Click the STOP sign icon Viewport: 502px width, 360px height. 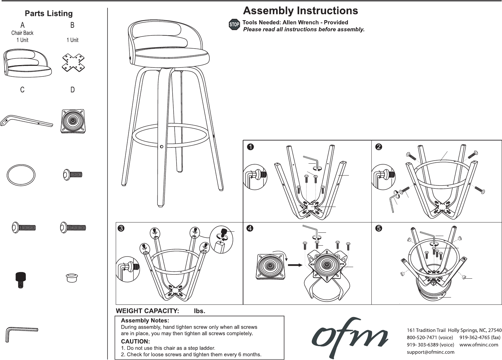(234, 25)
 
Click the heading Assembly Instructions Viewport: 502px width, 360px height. (300, 11)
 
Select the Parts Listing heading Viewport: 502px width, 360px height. (49, 14)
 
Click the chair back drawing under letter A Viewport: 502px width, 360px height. (28, 63)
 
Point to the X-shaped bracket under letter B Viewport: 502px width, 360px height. (73, 63)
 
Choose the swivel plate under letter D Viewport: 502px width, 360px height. (72, 121)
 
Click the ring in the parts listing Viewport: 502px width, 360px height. (21, 175)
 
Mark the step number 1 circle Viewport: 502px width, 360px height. (251, 147)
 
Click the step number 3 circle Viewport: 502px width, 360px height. (121, 228)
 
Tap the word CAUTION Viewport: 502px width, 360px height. (135, 341)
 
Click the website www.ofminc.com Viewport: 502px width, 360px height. (479, 345)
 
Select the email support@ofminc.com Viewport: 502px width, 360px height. (430, 352)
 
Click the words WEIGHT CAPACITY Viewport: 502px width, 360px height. (147, 311)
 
